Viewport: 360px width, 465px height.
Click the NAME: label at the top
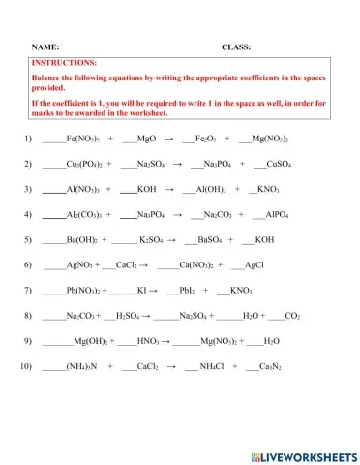tap(47, 46)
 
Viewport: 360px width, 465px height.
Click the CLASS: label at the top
tap(236, 46)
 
